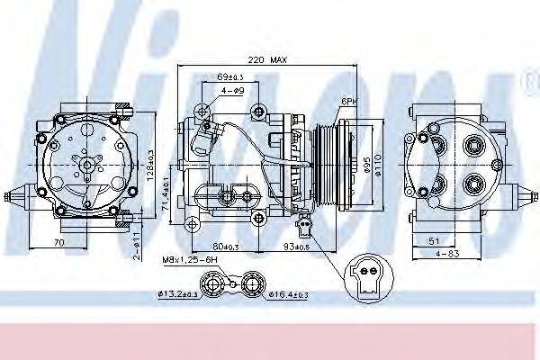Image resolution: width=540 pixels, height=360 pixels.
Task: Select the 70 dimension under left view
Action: pos(58,241)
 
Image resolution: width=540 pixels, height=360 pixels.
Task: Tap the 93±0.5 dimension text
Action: pos(294,245)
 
